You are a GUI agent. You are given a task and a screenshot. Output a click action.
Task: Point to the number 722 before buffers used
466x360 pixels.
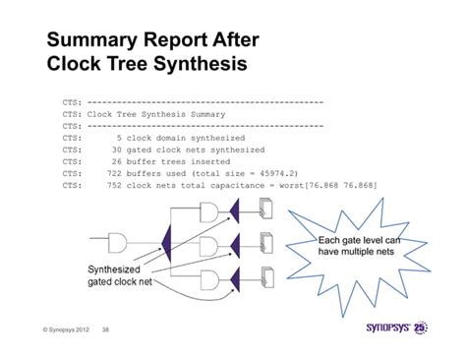point(112,171)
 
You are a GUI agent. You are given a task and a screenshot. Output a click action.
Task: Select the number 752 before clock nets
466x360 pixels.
point(112,183)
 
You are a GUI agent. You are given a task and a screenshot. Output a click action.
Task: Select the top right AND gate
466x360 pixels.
point(210,209)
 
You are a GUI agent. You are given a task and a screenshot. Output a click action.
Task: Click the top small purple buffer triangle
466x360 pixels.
point(237,209)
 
